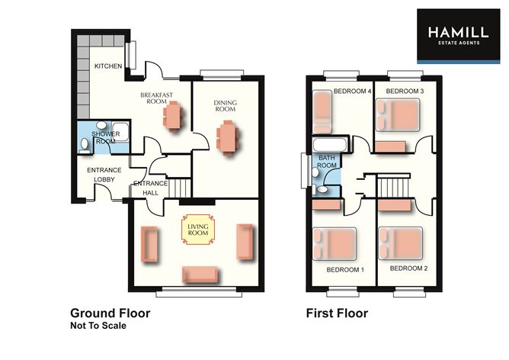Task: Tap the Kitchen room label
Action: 107,67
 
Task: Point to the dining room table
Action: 227,139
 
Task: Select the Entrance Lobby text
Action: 100,175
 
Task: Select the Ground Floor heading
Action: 110,313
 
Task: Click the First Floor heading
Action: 337,313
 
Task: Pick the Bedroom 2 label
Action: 409,269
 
